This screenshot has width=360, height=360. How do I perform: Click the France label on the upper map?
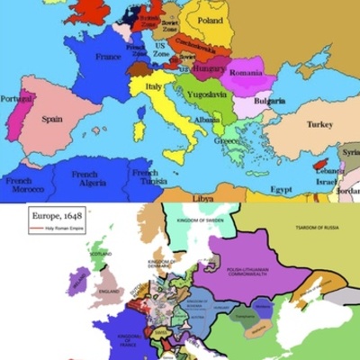[109, 57]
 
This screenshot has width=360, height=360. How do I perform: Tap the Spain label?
[51, 118]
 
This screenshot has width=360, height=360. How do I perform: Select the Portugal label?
[16, 98]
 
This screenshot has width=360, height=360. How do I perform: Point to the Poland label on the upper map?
[211, 19]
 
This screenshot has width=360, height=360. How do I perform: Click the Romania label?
[245, 71]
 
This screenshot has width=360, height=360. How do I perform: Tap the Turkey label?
[319, 125]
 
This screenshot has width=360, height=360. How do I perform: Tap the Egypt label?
[282, 190]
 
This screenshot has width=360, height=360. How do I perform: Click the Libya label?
[206, 196]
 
